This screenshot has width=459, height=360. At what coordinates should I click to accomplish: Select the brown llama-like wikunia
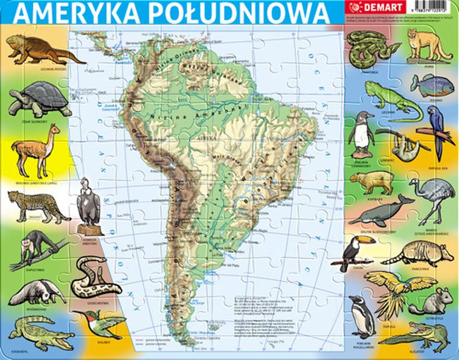[x=36, y=148]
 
